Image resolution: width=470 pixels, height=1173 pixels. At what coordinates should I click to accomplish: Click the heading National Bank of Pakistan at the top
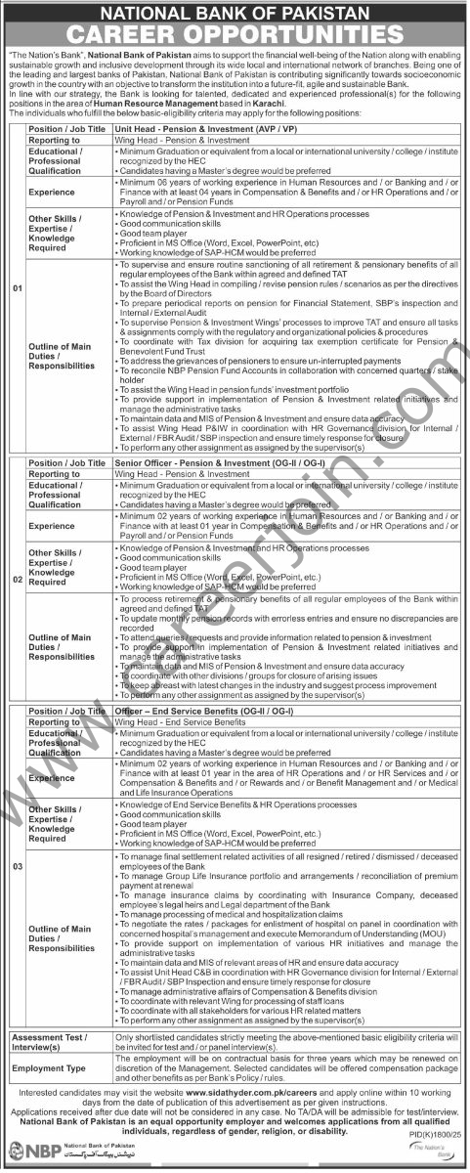[x=235, y=13]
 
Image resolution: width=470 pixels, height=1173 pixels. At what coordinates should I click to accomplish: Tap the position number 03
[x=14, y=867]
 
